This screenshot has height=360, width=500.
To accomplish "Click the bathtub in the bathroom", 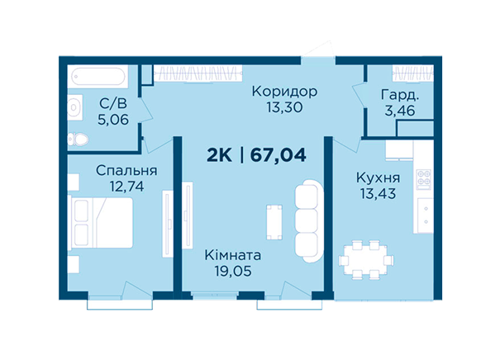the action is click(x=98, y=77).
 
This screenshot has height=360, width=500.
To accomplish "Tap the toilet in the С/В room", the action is click(x=78, y=140).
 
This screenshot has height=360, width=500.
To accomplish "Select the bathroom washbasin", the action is click(x=75, y=107).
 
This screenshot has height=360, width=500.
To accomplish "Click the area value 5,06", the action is click(x=113, y=120).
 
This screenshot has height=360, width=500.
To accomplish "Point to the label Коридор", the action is click(x=284, y=92).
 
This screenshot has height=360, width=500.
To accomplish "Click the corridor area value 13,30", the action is click(x=284, y=107).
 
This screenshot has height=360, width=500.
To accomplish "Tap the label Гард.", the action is click(x=400, y=95).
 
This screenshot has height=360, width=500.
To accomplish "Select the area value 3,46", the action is click(x=400, y=111).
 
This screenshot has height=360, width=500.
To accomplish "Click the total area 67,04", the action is click(x=278, y=155).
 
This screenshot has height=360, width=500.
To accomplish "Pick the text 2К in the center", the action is click(x=219, y=155).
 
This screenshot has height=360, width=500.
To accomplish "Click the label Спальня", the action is click(x=126, y=171).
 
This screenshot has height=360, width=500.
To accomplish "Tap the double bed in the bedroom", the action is click(x=100, y=223).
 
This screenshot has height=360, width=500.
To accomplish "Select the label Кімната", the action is click(x=233, y=255).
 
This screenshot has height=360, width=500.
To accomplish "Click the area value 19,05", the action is click(x=233, y=271).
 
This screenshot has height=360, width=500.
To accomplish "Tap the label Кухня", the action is click(x=379, y=178).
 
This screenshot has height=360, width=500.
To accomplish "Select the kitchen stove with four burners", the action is click(x=424, y=179).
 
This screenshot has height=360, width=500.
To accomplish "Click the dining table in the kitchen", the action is click(x=365, y=260).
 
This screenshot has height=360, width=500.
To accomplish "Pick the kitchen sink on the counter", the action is click(x=425, y=216).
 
